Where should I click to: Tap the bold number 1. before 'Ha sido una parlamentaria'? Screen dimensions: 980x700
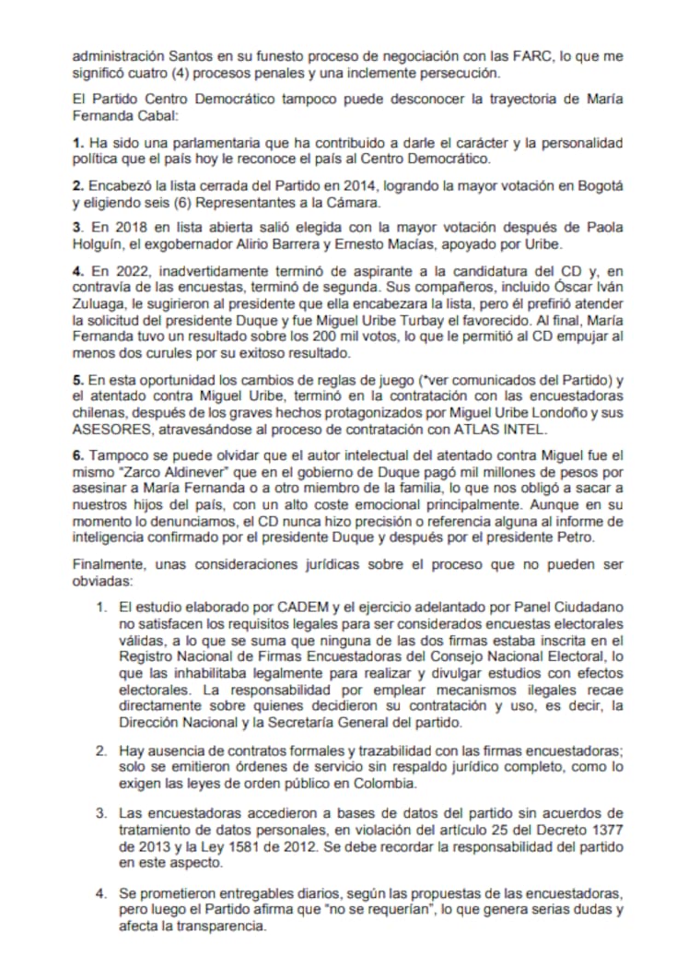click(x=78, y=143)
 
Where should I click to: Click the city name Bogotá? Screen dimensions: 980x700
click(x=599, y=186)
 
